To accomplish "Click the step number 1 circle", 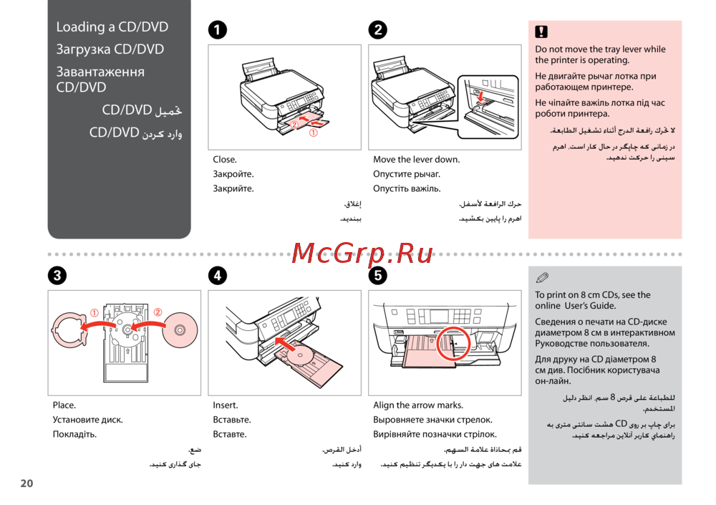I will [x=217, y=29].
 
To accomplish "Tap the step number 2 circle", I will [x=377, y=29].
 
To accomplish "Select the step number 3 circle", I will [x=57, y=275].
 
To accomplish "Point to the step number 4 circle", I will [x=217, y=275].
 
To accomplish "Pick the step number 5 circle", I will [x=377, y=275].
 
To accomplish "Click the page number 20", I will [x=26, y=484].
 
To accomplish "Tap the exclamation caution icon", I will [x=541, y=32].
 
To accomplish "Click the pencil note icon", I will [x=541, y=278].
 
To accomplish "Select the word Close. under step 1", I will [x=225, y=160].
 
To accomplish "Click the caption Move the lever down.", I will [x=416, y=160].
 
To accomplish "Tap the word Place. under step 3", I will [x=64, y=405].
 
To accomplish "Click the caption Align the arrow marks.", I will [x=418, y=405].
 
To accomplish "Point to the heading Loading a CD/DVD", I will [x=112, y=27].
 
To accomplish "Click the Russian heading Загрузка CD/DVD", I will [x=110, y=49].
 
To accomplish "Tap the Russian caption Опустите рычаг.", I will [x=407, y=174].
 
